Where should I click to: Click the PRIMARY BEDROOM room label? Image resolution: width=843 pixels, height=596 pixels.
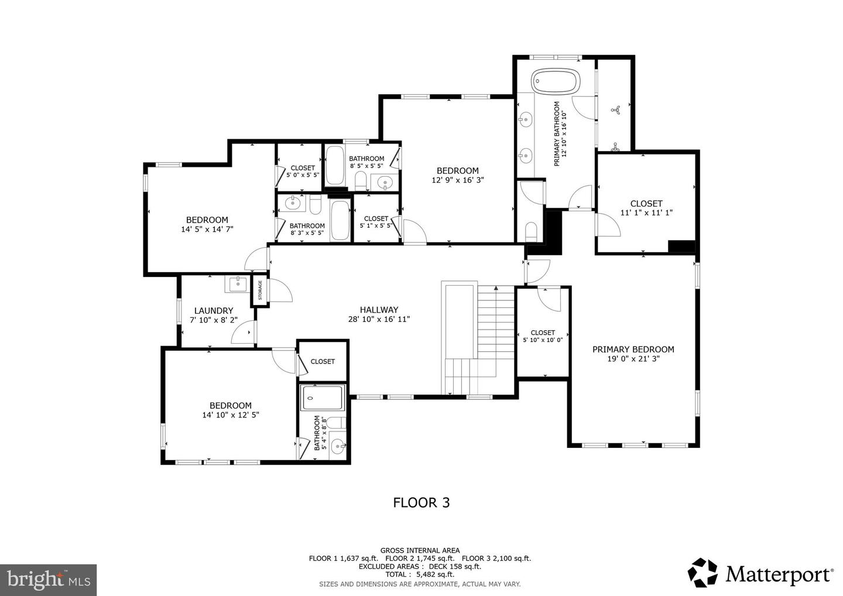pos(633,350)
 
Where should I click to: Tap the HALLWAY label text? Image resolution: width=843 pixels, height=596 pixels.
pos(379,310)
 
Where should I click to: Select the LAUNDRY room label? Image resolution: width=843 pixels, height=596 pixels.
pos(214,311)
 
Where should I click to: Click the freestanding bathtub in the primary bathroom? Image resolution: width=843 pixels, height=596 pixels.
pos(555,81)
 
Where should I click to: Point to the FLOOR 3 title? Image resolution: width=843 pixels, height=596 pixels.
pos(421,502)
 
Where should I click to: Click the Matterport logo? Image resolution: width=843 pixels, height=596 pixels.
pos(760,573)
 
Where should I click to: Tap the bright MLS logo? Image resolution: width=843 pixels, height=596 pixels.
pos(48,580)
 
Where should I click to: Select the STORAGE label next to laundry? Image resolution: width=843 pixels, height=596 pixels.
pos(261,290)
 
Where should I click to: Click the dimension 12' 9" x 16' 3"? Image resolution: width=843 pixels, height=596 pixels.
pos(457,180)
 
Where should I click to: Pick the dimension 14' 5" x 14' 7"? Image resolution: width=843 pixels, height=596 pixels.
pos(207,230)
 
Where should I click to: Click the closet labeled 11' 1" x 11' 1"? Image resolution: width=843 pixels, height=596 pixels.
pos(646,208)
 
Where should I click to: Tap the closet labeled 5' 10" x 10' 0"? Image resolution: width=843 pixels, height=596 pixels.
pos(543,336)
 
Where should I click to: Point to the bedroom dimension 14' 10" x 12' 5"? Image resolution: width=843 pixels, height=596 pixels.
pos(231,415)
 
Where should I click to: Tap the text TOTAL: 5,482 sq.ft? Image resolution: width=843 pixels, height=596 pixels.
pos(419,575)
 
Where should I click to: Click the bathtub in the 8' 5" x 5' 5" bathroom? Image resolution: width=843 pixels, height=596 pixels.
pos(334,166)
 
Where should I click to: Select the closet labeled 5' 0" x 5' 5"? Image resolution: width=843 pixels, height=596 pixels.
pos(303,172)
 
